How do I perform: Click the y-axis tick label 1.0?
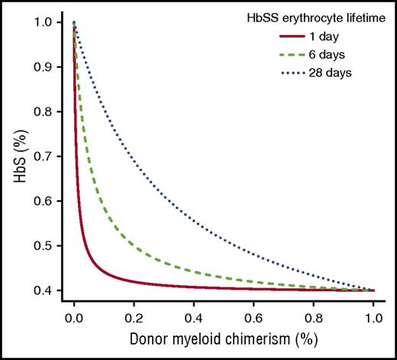coord(43,23)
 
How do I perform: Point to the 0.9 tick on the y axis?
coord(43,67)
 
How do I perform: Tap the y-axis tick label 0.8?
coord(43,112)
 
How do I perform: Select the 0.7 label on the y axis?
coord(43,157)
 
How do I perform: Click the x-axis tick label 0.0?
coord(74,314)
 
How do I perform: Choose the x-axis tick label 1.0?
coord(374,314)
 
